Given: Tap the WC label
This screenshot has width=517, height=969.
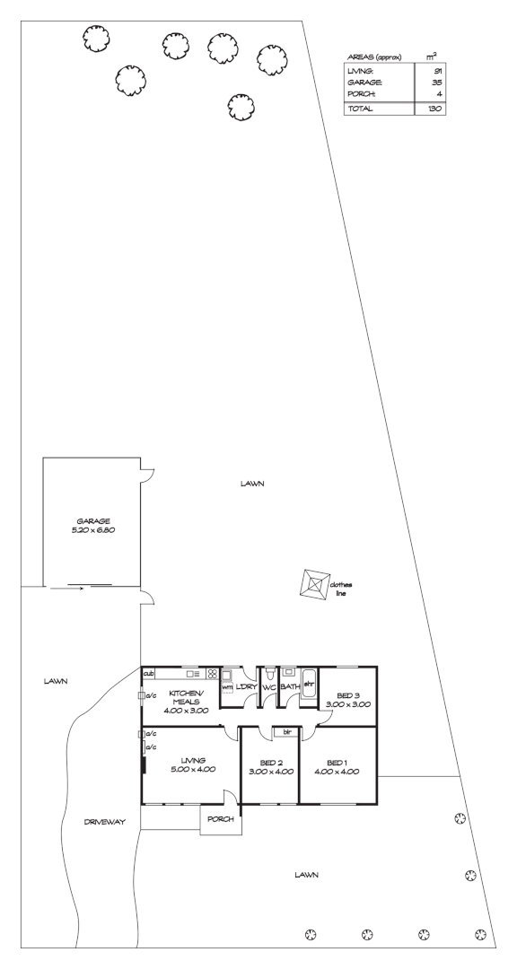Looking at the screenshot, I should point(268,687).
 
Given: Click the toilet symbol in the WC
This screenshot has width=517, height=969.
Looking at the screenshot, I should point(268,674).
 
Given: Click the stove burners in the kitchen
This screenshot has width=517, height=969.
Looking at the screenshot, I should point(213,674).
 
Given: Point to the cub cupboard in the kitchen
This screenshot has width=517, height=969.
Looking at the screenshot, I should point(149,673).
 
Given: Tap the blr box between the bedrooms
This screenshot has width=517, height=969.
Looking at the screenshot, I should point(287,732).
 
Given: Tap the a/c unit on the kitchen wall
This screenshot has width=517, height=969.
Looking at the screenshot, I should point(142,695).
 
